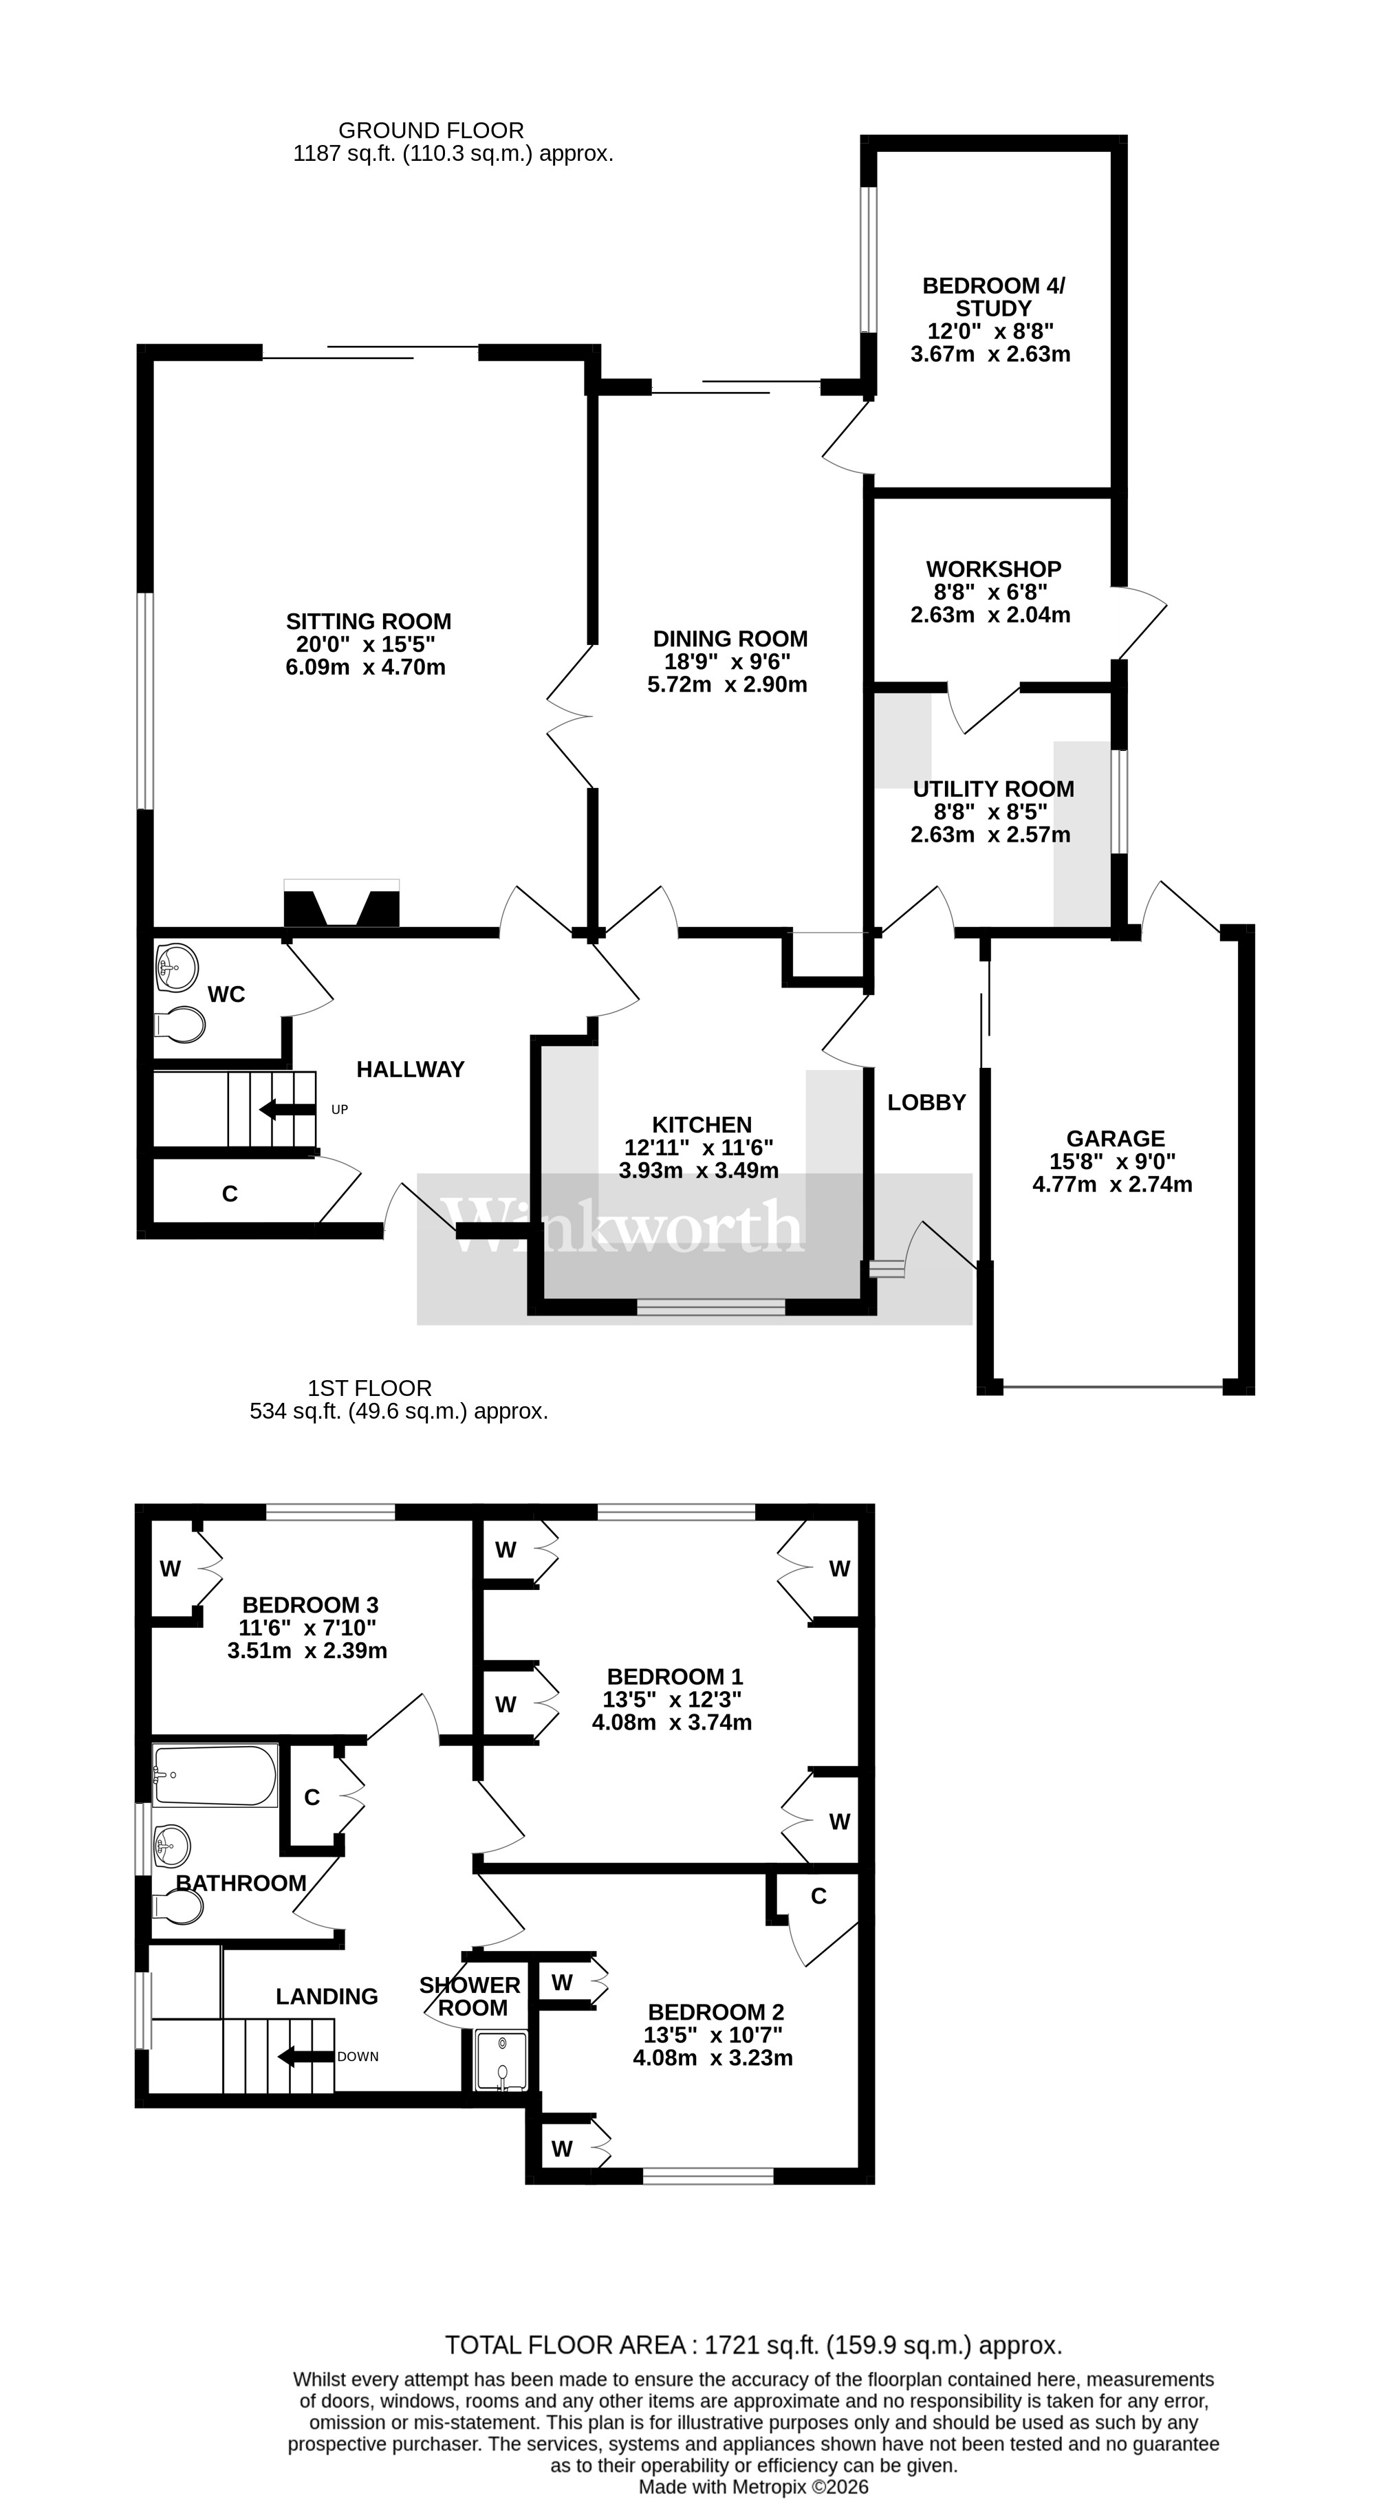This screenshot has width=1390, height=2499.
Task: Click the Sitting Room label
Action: pyautogui.click(x=368, y=621)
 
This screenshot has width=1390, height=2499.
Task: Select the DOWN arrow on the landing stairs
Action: pyautogui.click(x=300, y=2055)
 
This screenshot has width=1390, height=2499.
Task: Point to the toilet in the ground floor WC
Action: pyautogui.click(x=180, y=1023)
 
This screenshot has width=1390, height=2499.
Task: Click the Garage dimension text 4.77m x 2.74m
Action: pyautogui.click(x=1113, y=1184)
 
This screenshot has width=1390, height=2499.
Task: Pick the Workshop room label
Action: pyautogui.click(x=992, y=569)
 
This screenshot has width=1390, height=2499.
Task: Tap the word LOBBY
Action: pyautogui.click(x=926, y=1102)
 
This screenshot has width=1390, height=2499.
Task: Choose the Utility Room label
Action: pyautogui.click(x=992, y=789)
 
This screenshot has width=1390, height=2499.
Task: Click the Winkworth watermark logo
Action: pyautogui.click(x=621, y=1224)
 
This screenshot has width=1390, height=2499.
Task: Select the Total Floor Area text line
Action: pyautogui.click(x=752, y=2346)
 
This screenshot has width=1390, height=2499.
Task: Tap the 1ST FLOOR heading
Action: pyautogui.click(x=369, y=1388)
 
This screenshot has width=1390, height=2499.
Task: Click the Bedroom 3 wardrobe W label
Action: pyautogui.click(x=170, y=1569)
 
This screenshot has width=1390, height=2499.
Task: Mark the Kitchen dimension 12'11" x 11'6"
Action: pyautogui.click(x=698, y=1148)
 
